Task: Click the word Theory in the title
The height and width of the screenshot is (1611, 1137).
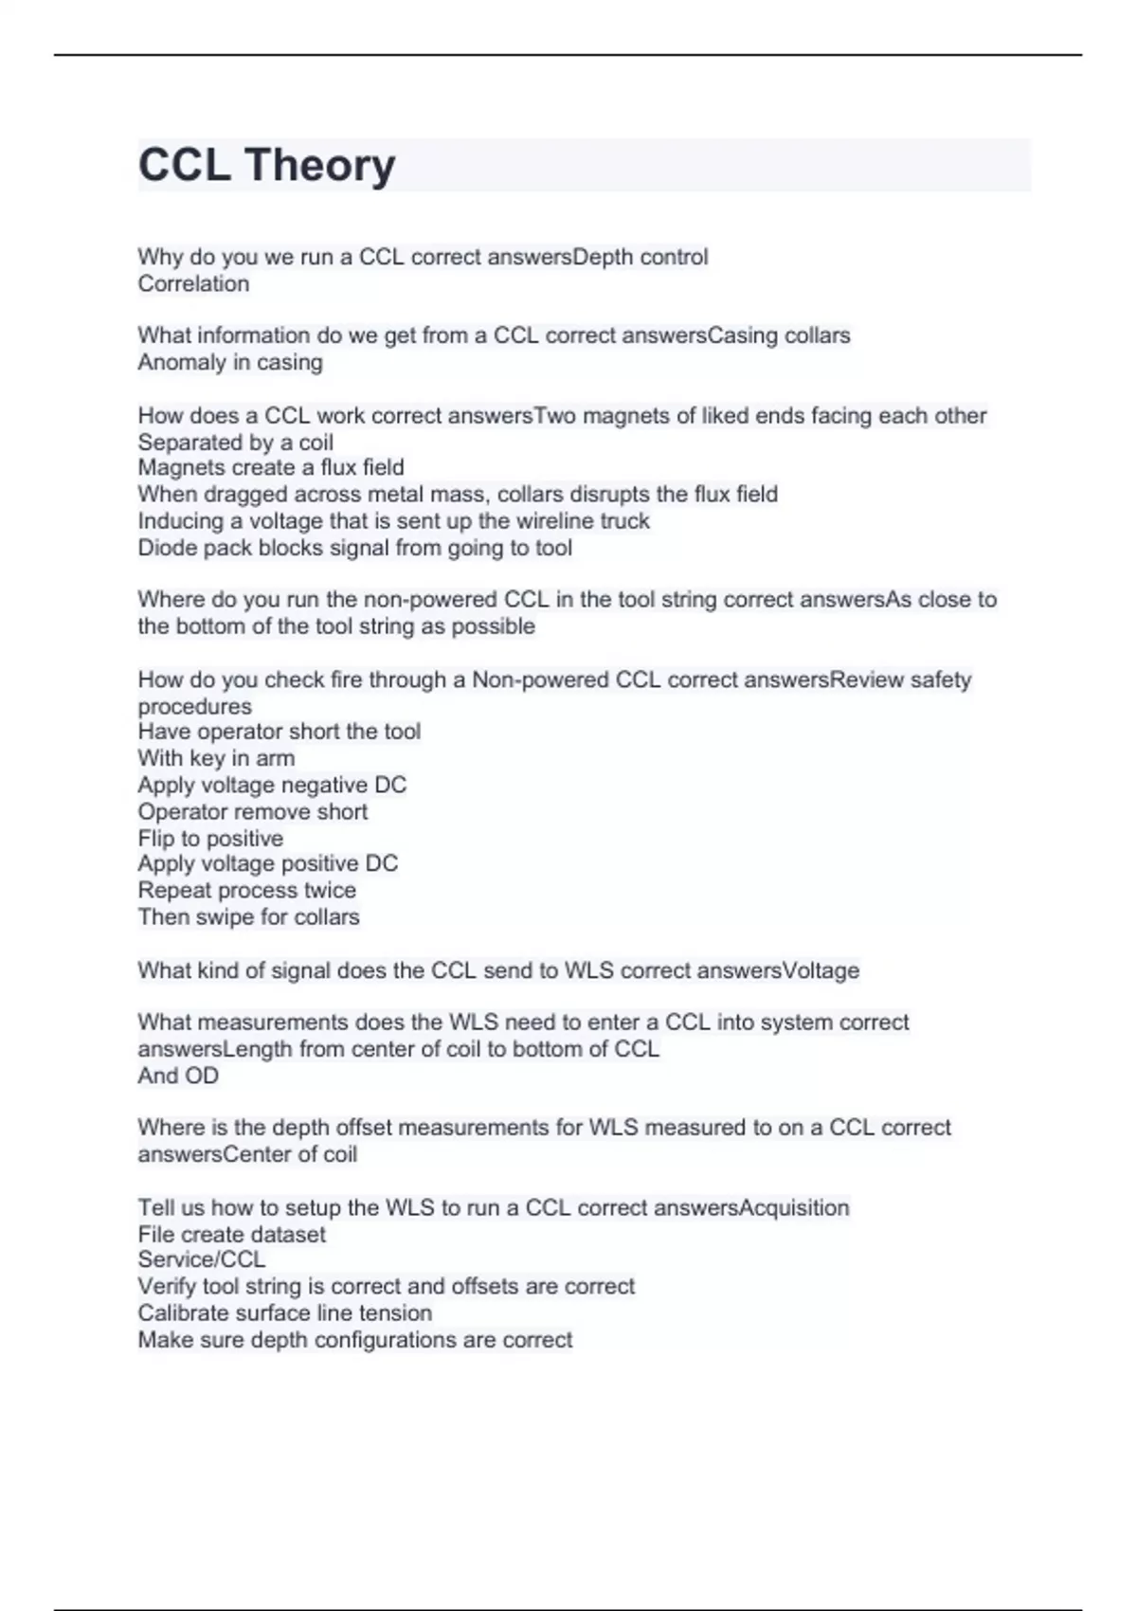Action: click(x=319, y=166)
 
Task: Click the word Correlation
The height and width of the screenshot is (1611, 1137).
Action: click(x=193, y=283)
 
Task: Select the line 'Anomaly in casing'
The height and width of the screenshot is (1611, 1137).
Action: click(x=230, y=362)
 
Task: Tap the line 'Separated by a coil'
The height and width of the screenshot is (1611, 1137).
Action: click(x=235, y=443)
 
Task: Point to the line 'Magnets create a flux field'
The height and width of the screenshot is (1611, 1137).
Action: click(x=271, y=467)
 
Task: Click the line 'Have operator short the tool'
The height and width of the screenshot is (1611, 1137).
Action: click(x=279, y=732)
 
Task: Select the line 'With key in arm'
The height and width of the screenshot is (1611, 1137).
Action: click(x=216, y=758)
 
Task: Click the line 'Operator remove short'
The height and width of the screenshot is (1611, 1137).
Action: click(x=252, y=811)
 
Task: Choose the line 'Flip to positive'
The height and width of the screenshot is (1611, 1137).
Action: click(x=210, y=839)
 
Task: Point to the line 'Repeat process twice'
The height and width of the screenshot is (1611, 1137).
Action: click(x=246, y=890)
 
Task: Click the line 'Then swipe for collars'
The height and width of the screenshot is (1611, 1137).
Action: click(x=248, y=917)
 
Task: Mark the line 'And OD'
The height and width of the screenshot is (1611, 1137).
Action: click(x=178, y=1076)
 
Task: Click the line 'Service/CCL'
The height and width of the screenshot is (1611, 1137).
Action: click(x=201, y=1259)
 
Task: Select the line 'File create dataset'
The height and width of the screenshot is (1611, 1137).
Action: click(x=231, y=1234)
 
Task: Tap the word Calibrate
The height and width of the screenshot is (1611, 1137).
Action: click(x=181, y=1312)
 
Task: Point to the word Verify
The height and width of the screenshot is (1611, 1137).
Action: click(x=166, y=1286)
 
